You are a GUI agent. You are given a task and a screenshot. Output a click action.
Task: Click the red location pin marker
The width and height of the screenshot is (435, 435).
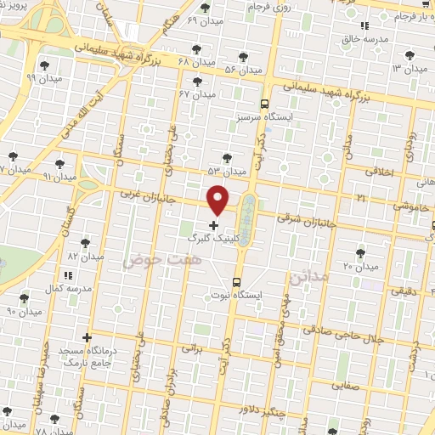[x=218, y=199]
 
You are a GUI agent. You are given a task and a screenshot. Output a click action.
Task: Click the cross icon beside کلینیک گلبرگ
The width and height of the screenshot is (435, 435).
[x=212, y=226]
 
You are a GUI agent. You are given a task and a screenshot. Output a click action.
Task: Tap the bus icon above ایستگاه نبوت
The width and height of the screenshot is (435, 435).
[x=236, y=282]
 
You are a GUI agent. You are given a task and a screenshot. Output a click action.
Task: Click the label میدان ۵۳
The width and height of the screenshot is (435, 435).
[x=226, y=171]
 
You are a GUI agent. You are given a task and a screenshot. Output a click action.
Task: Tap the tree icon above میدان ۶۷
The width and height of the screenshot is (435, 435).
[x=197, y=82]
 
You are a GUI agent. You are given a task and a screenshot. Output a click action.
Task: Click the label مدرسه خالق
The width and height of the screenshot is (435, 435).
[x=364, y=39]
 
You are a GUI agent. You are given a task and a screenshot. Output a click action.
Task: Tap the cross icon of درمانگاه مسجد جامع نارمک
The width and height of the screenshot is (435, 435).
[x=86, y=337]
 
